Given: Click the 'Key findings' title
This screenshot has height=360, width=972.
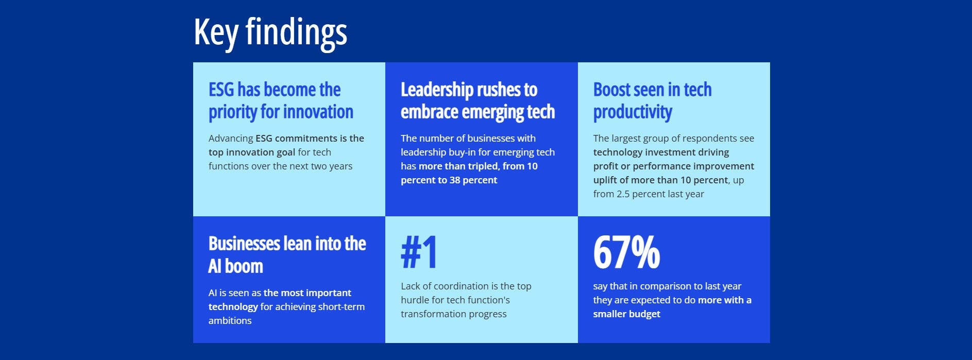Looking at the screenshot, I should [270, 32].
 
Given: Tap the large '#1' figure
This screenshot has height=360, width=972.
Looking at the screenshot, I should [419, 252].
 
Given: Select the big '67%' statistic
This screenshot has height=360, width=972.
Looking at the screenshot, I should [626, 252].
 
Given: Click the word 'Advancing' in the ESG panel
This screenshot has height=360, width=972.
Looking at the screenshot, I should [231, 139].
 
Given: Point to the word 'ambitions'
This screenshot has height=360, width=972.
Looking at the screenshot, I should [230, 321].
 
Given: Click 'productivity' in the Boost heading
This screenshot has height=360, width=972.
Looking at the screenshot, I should [633, 112].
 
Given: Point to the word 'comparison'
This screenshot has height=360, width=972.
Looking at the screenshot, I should [672, 286].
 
